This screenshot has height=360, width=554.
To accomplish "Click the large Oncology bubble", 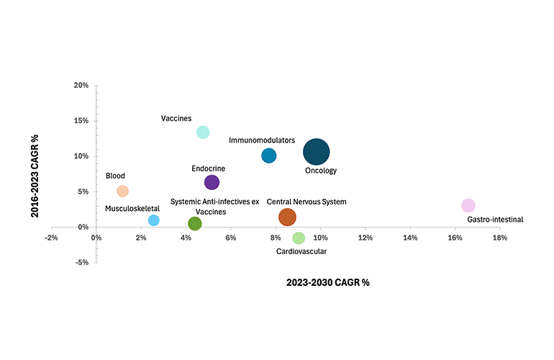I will click(317, 152).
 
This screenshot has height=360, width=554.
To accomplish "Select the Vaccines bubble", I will click(203, 132).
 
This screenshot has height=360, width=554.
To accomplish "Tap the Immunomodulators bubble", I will click(268, 156).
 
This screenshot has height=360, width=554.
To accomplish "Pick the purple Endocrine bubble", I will click(212, 183).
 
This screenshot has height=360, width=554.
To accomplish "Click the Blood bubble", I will click(122, 192).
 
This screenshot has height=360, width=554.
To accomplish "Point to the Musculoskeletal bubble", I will click(153, 220).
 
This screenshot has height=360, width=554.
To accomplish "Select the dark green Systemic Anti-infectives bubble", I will click(194, 224).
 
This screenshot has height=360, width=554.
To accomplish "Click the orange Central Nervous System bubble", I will click(287, 217).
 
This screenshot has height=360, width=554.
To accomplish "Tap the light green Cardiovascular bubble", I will click(299, 238).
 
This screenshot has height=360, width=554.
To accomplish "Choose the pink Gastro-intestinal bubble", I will click(468, 205).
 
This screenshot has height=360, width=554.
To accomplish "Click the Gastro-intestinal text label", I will click(495, 220).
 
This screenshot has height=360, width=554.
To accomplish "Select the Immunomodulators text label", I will click(262, 140).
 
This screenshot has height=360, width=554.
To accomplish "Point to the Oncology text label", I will click(321, 171).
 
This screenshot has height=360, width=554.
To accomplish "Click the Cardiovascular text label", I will click(301, 251).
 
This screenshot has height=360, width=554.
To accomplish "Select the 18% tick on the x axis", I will click(499, 238).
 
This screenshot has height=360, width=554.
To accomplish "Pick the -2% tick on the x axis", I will click(51, 238).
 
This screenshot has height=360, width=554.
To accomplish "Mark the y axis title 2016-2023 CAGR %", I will click(34, 174).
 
